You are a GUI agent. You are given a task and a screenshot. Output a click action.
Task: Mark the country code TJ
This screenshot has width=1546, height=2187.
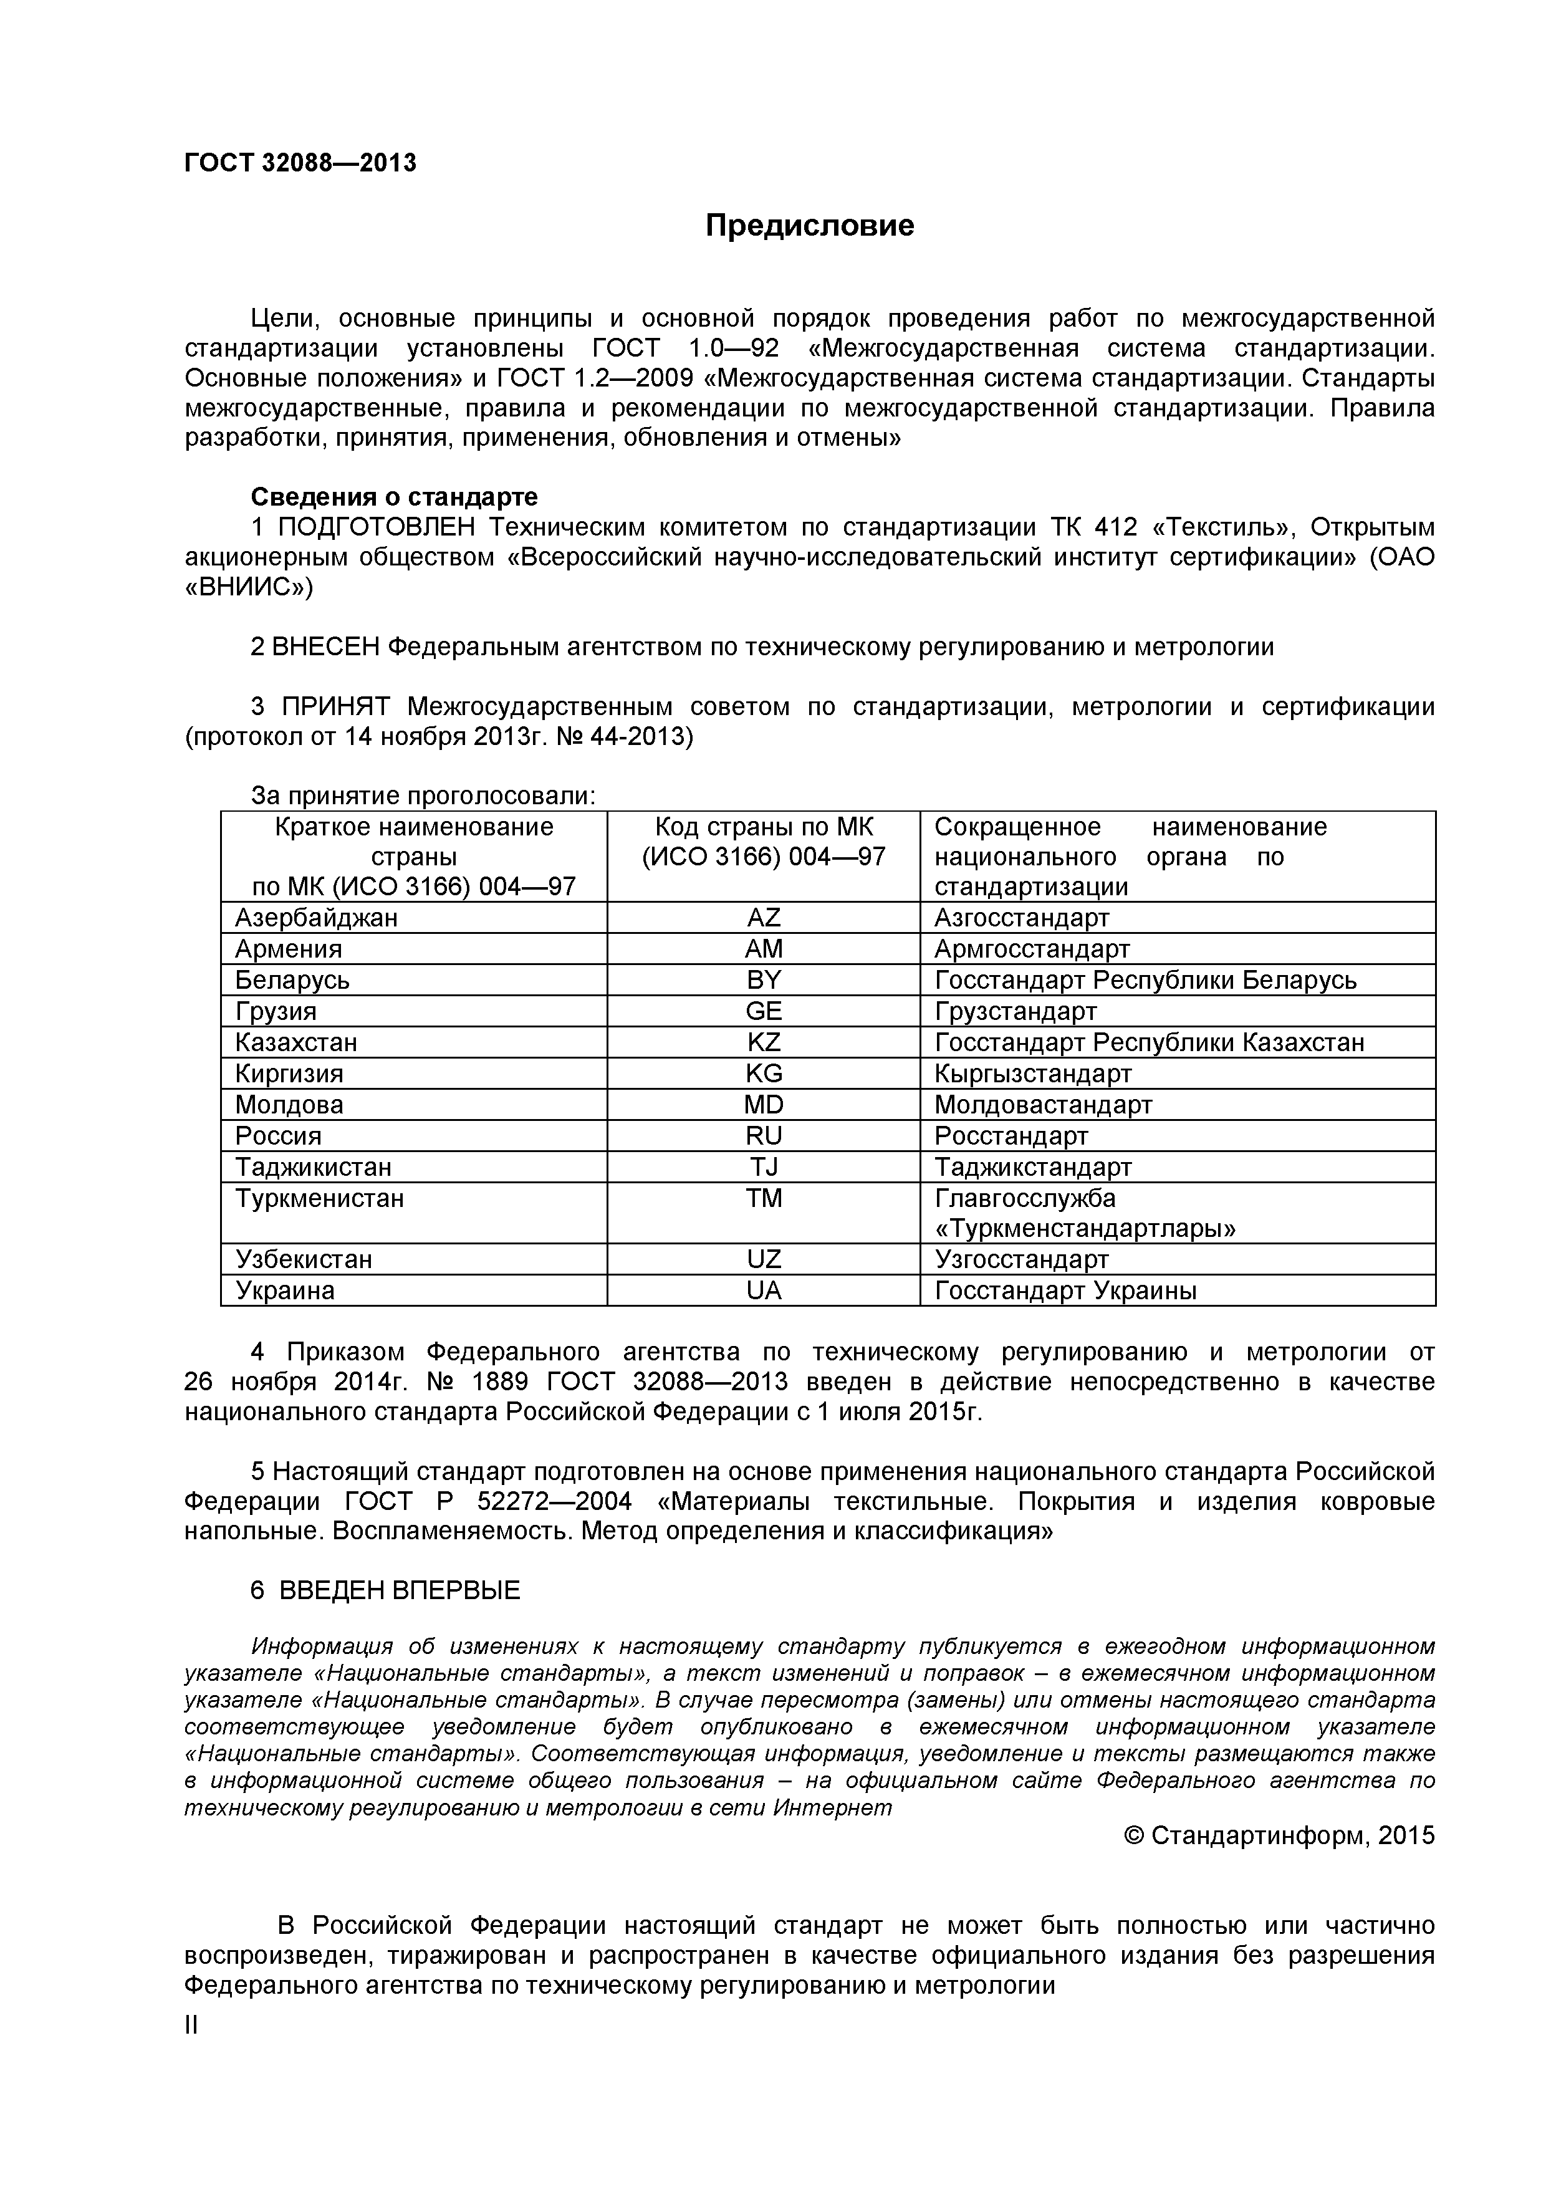point(763,1168)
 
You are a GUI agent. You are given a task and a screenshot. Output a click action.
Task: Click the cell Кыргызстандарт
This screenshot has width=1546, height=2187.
point(1032,1074)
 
